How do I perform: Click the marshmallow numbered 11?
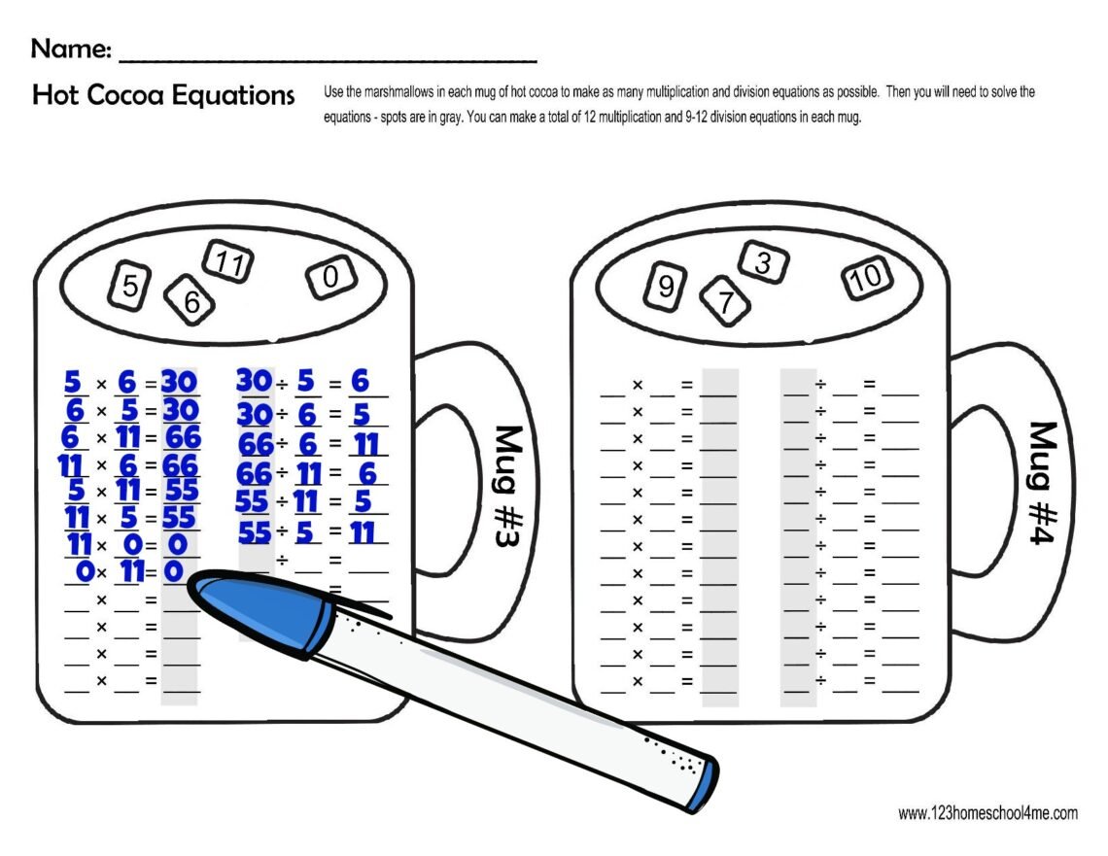pyautogui.click(x=229, y=263)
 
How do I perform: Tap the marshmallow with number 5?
pyautogui.click(x=129, y=285)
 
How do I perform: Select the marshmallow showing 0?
pyautogui.click(x=330, y=279)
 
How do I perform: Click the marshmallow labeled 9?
pyautogui.click(x=666, y=286)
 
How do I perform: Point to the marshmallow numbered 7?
pyautogui.click(x=724, y=301)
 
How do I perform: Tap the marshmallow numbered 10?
pyautogui.click(x=865, y=279)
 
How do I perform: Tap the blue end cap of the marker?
pyautogui.click(x=702, y=786)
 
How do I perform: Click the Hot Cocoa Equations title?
pyautogui.click(x=162, y=95)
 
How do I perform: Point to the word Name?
pyautogui.click(x=70, y=47)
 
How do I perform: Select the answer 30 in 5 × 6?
pyautogui.click(x=180, y=380)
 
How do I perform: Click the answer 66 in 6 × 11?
pyautogui.click(x=182, y=435)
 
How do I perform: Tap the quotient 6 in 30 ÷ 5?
pyautogui.click(x=361, y=381)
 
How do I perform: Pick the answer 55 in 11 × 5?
pyautogui.click(x=181, y=516)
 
